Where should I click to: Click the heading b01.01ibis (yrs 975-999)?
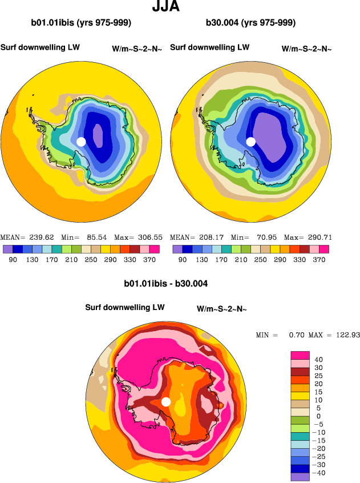[x=81, y=23]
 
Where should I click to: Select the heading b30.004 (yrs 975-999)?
[x=250, y=23]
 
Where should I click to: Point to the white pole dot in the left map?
[x=81, y=141]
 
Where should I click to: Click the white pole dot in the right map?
[x=250, y=141]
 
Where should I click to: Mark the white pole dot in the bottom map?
[x=166, y=402]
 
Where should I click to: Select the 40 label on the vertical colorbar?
[x=319, y=360]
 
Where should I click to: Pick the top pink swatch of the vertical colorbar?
[x=300, y=355]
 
